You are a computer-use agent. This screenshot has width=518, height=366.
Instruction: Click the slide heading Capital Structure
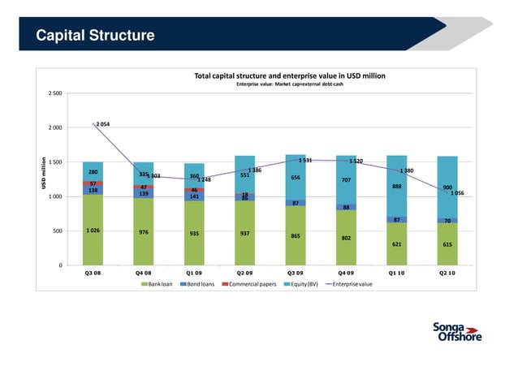(95, 36)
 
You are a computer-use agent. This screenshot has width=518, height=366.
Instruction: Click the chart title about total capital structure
(289, 75)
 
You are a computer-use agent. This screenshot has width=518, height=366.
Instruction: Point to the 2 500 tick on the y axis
(54, 93)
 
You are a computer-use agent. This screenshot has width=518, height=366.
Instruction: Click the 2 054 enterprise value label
(104, 124)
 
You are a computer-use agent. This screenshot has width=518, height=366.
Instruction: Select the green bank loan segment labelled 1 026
(93, 230)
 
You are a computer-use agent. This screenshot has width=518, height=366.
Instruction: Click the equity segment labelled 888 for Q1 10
(396, 187)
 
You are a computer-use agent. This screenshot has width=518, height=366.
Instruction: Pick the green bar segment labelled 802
(346, 238)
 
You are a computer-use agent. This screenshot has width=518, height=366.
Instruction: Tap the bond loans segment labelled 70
(447, 221)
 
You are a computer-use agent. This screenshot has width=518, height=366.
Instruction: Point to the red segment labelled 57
(93, 183)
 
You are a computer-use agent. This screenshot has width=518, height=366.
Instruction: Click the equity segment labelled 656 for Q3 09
(296, 178)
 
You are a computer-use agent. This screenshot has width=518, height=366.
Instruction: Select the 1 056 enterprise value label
(457, 194)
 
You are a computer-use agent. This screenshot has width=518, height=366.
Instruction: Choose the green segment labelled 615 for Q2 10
(447, 244)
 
